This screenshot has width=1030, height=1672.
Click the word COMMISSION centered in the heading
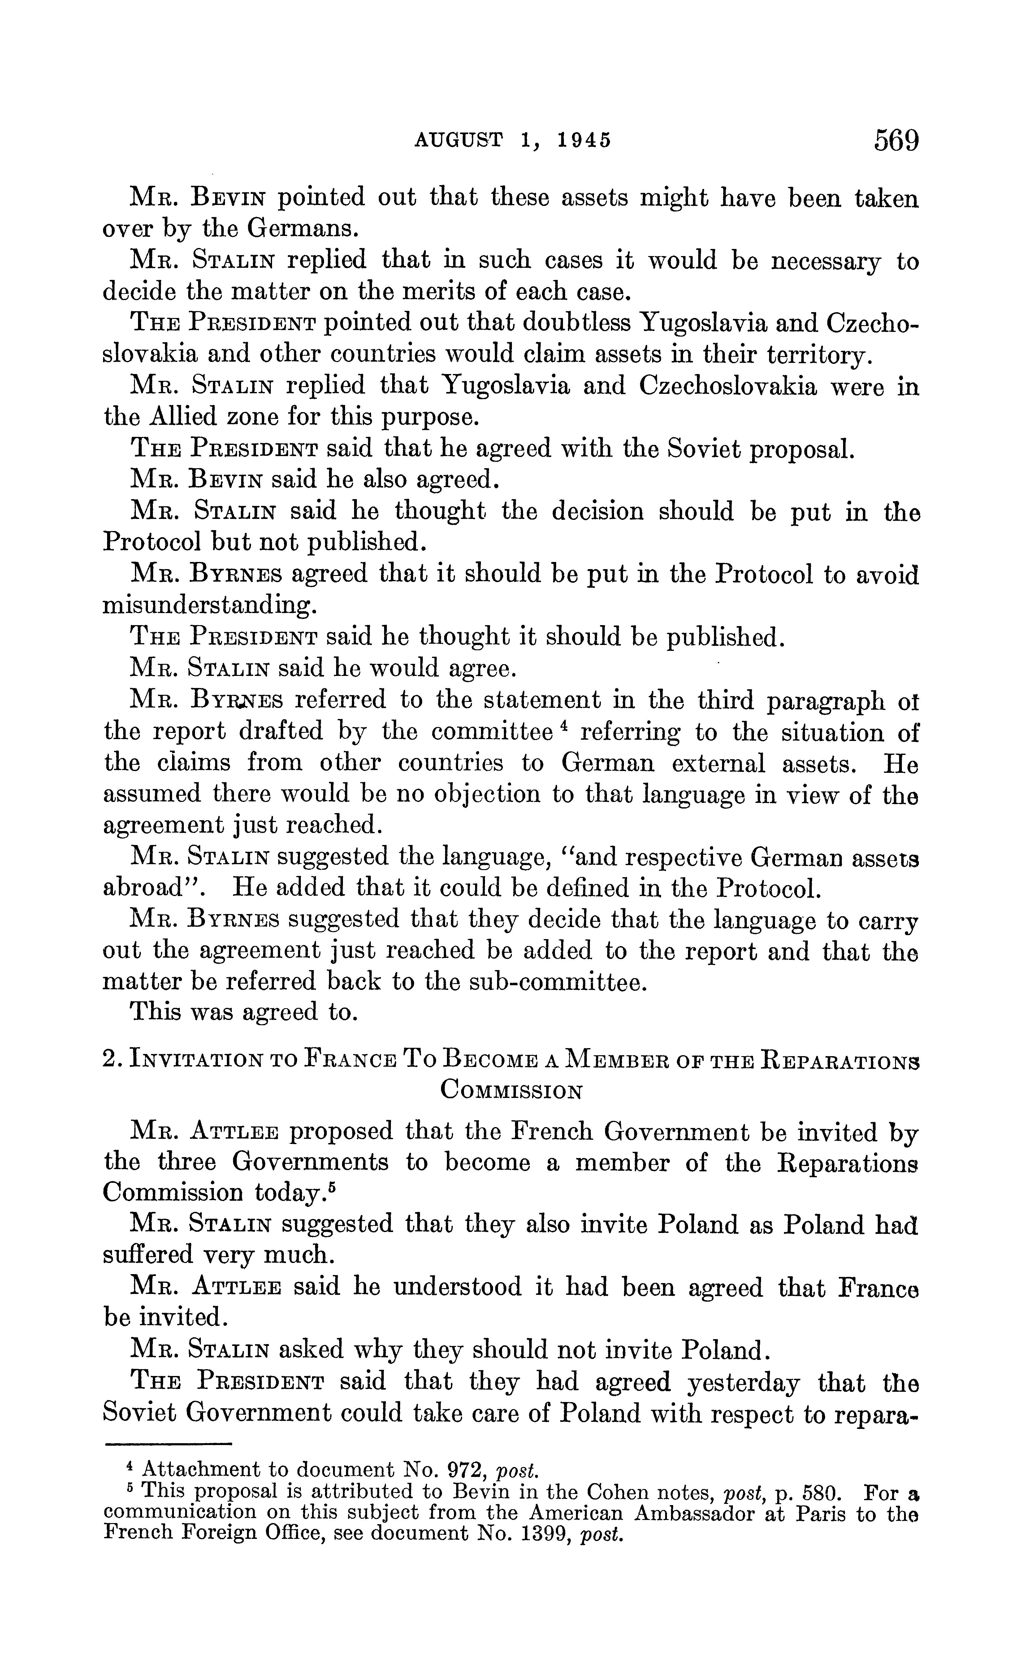tap(511, 1091)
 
